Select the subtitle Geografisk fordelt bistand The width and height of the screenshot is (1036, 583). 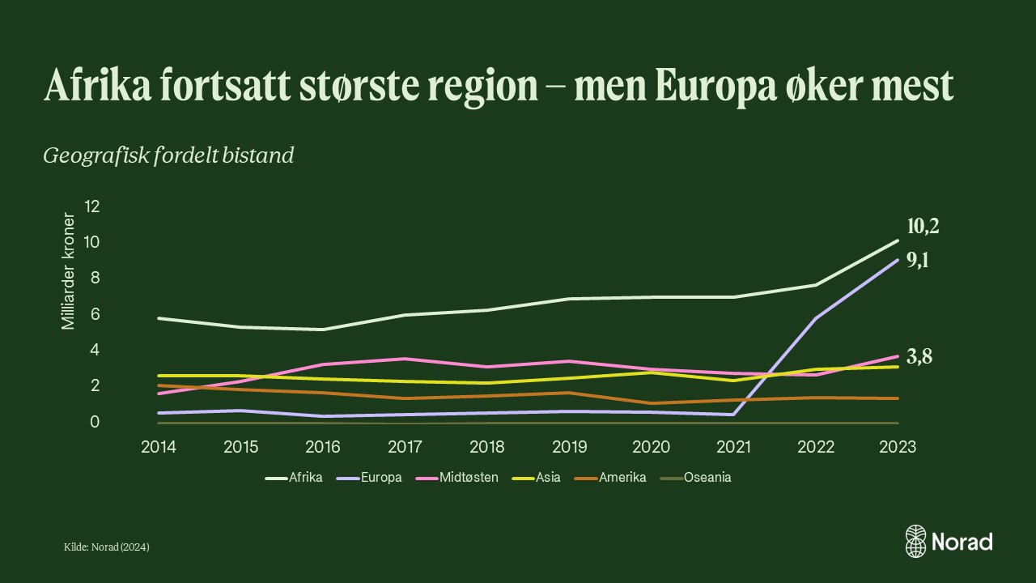168,155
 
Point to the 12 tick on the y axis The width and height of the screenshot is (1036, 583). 91,206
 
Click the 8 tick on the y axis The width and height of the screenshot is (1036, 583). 95,278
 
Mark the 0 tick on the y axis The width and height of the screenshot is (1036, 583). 95,422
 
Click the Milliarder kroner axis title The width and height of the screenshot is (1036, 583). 69,271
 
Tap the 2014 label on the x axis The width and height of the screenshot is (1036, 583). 159,447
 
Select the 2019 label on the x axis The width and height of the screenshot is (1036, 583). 570,447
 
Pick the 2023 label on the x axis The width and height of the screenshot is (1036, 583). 898,447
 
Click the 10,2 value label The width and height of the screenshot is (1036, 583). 923,227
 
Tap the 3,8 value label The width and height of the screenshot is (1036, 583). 919,356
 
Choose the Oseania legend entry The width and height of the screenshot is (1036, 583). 707,477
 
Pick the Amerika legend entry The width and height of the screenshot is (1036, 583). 622,477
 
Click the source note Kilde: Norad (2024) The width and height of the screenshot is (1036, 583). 107,547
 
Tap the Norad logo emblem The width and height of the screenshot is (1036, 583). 915,541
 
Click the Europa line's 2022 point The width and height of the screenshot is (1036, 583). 816,318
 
